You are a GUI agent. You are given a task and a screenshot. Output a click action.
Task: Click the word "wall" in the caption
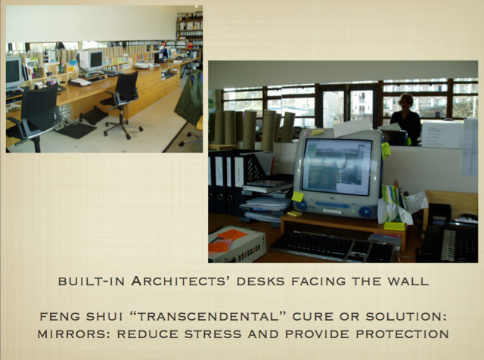(x=408, y=281)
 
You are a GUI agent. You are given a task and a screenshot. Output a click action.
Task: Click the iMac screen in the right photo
(x=337, y=167)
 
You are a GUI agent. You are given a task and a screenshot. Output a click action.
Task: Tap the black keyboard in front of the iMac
(x=332, y=247)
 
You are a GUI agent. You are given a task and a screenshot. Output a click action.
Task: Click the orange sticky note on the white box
(x=232, y=234)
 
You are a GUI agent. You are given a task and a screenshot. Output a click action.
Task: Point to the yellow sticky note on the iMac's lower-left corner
(x=297, y=197)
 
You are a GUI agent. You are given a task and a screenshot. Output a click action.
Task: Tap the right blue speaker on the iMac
(x=366, y=212)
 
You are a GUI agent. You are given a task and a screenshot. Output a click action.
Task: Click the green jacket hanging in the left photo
(x=190, y=98)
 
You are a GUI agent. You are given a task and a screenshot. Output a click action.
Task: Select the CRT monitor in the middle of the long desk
(x=91, y=61)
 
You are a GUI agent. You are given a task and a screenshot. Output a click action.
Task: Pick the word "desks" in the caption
(x=260, y=281)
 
